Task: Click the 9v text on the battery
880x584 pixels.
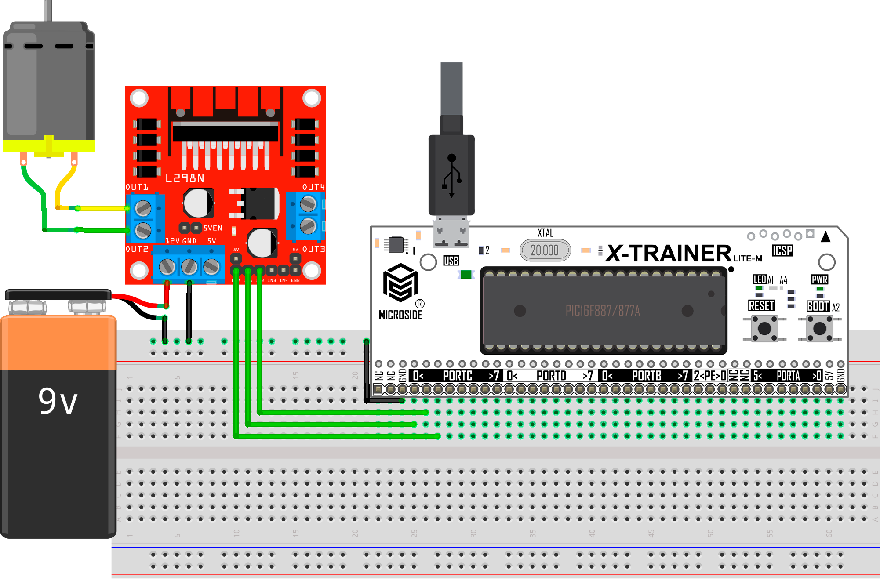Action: coord(58,401)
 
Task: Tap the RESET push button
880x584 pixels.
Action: coord(764,328)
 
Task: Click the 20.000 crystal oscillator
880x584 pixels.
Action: coord(545,250)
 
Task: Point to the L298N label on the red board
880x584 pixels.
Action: coord(185,178)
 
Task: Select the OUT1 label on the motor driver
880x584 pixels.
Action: coord(137,187)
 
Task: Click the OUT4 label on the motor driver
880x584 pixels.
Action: coord(313,187)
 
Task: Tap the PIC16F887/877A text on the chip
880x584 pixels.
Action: coord(602,311)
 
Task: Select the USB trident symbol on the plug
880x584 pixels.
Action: coord(451,175)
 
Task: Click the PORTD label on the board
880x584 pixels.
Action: coord(551,376)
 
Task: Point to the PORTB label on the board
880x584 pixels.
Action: coord(646,376)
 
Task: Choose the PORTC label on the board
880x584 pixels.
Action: coord(457,376)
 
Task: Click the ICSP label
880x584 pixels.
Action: coord(782,250)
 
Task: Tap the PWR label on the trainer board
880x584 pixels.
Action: coord(819,279)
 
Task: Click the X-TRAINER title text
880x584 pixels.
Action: coord(668,254)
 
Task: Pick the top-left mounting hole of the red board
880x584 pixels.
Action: coord(139,98)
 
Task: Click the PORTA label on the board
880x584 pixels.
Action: coord(788,376)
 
